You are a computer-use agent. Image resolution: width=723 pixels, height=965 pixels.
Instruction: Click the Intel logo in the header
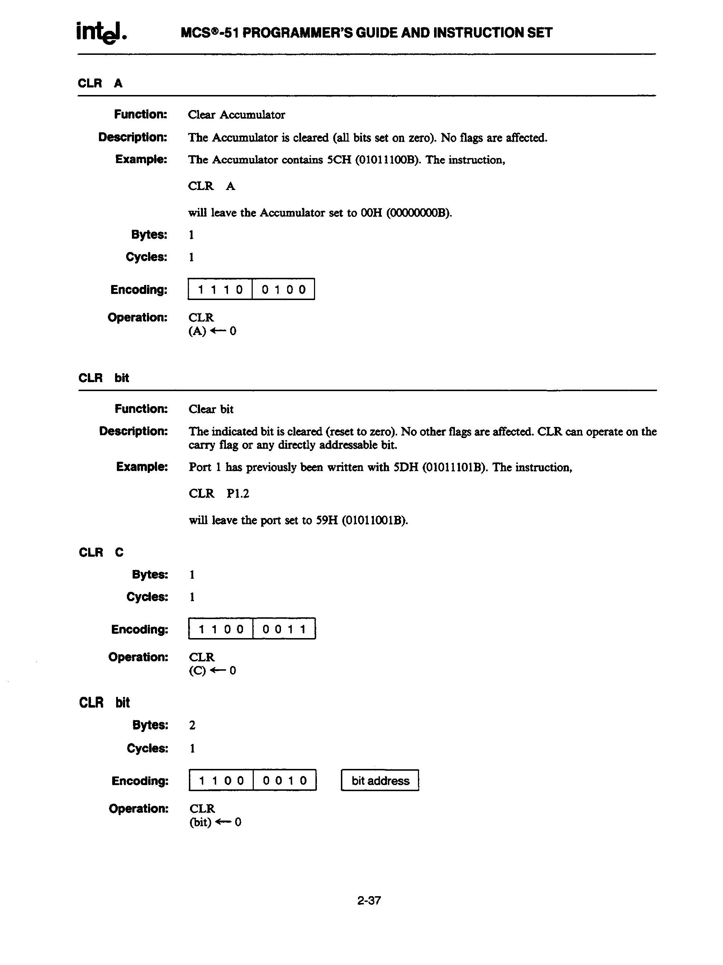point(101,32)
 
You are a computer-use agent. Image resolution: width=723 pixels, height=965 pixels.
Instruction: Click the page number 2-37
point(369,900)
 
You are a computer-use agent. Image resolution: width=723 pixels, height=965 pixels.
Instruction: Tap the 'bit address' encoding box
point(380,780)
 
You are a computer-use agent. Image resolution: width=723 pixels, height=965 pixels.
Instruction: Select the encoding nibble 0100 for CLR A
point(284,289)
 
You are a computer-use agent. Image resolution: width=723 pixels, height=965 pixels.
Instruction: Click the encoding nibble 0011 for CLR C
point(284,629)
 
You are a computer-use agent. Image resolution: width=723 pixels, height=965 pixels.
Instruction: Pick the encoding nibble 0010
point(285,780)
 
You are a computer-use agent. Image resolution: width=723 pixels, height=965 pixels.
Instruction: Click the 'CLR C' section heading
point(101,552)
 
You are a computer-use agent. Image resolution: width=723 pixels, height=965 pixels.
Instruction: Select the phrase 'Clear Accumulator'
point(236,115)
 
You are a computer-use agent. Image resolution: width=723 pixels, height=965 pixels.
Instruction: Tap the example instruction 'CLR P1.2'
point(219,493)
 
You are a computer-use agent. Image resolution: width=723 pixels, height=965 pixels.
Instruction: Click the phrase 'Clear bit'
point(211,409)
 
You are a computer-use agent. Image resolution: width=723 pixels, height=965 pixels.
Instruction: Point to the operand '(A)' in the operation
point(197,331)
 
